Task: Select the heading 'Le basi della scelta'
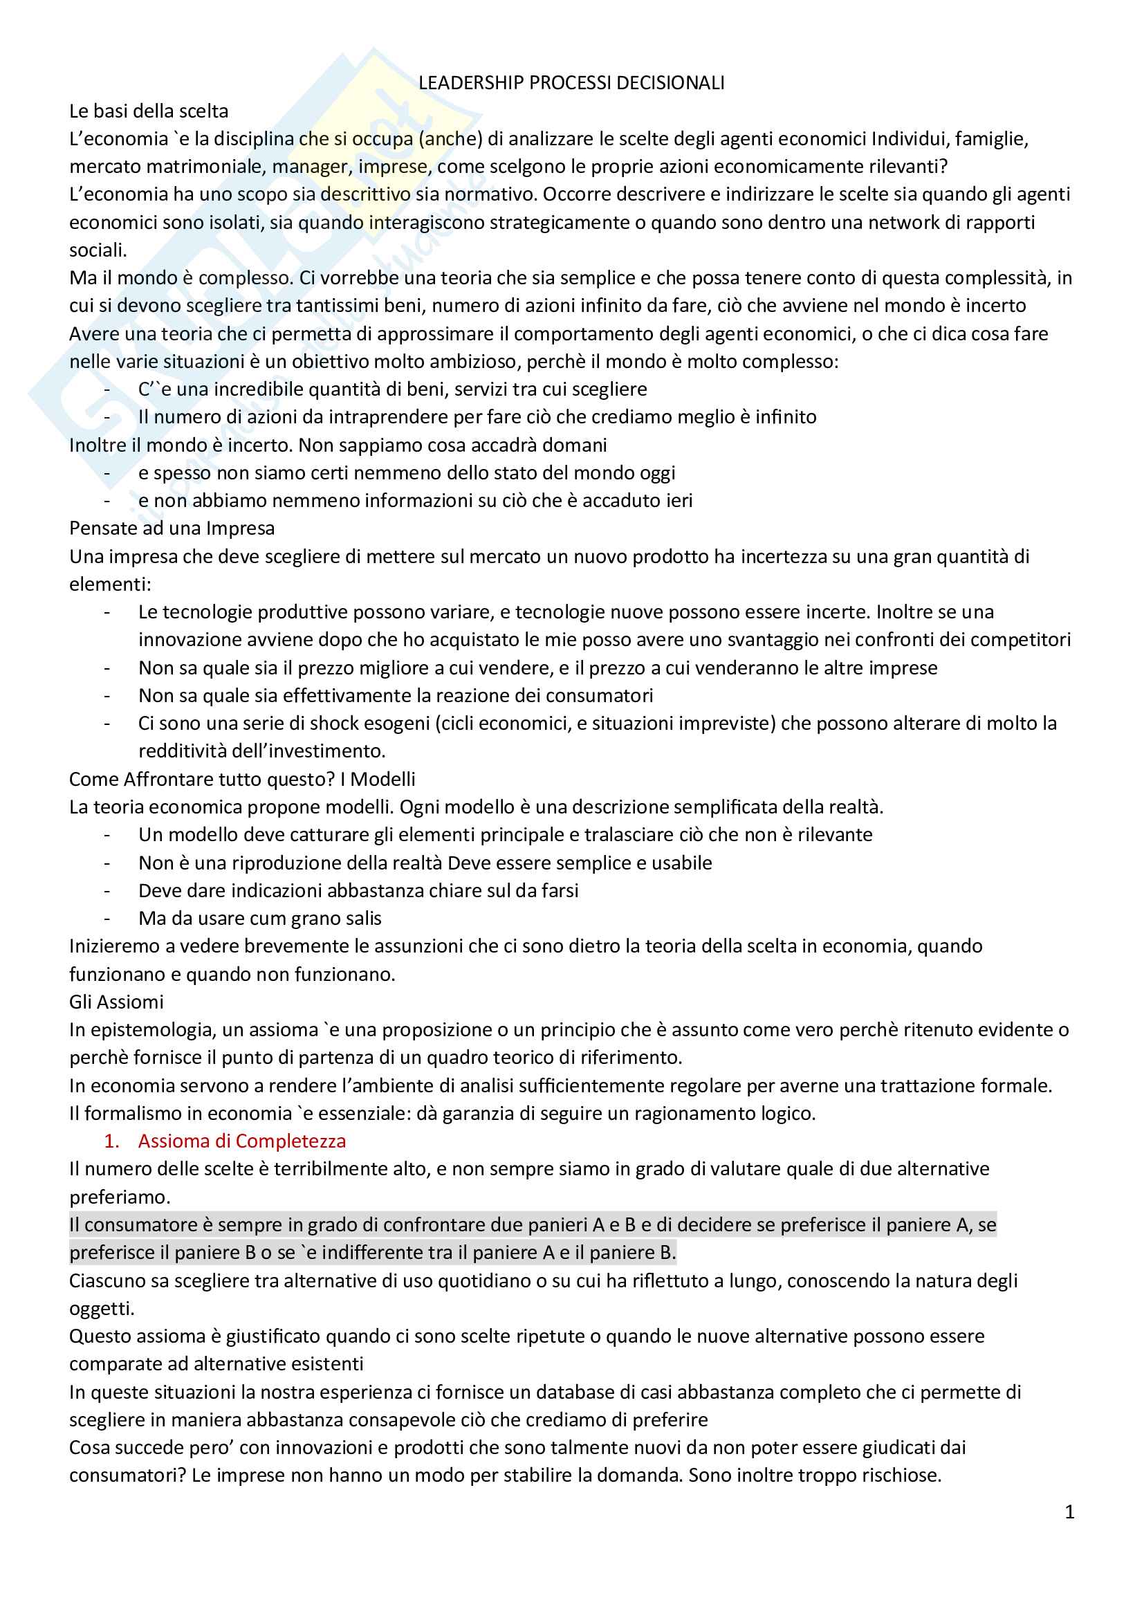point(149,111)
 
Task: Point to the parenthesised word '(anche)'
point(450,139)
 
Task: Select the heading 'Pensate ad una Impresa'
point(172,528)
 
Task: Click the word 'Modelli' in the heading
point(382,780)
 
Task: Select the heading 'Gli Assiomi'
point(116,1002)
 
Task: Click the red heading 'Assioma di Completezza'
point(241,1141)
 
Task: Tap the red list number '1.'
point(111,1141)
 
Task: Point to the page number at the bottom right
point(1069,1512)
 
